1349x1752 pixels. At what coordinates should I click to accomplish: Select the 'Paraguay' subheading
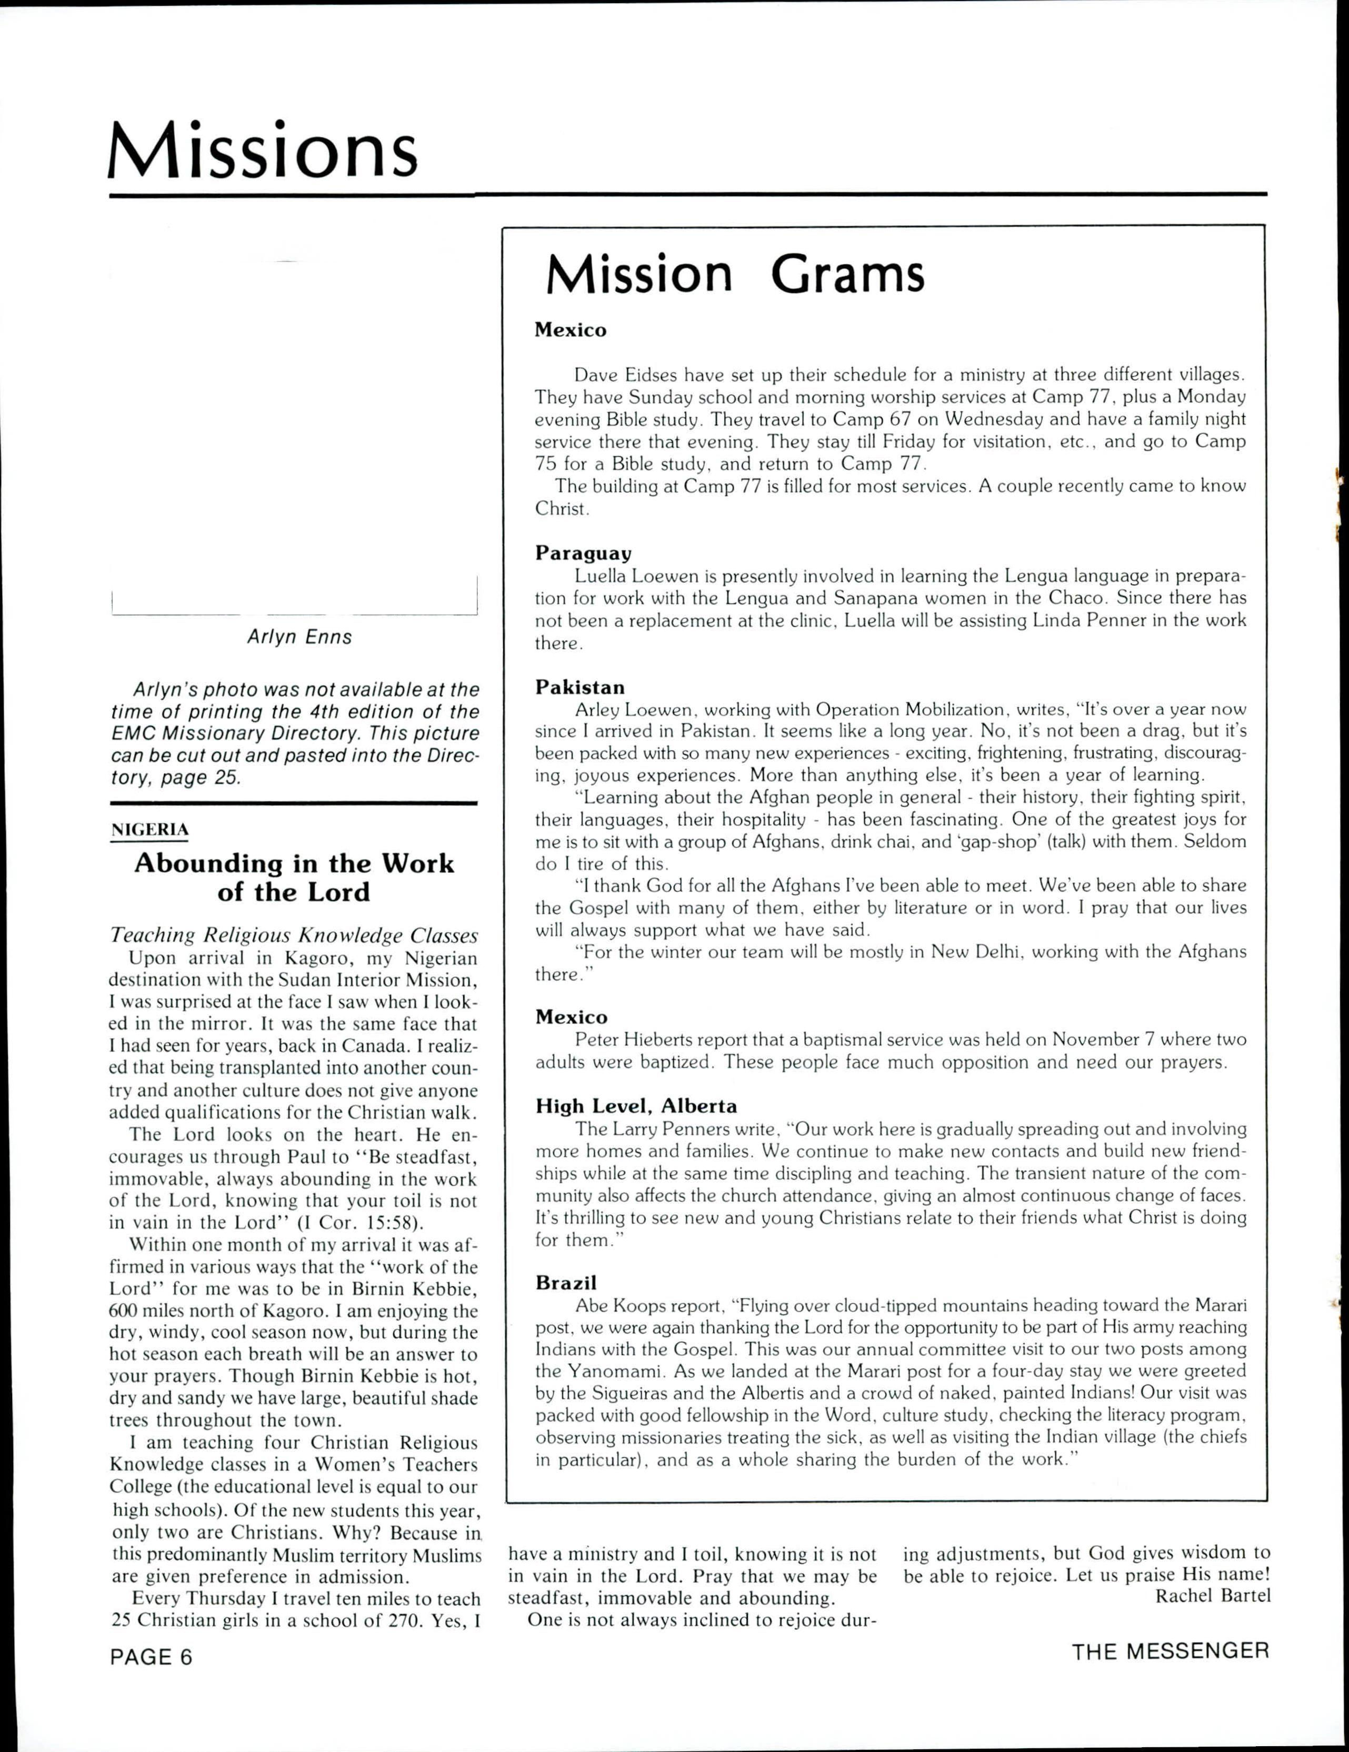(583, 553)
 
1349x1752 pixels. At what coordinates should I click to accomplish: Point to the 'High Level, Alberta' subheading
(636, 1106)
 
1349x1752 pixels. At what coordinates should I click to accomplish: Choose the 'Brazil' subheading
(566, 1282)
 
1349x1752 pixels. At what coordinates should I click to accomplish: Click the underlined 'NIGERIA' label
(149, 830)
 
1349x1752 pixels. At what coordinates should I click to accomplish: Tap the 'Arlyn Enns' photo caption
(299, 637)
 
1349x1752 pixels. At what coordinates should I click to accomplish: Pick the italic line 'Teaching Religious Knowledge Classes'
(294, 935)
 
